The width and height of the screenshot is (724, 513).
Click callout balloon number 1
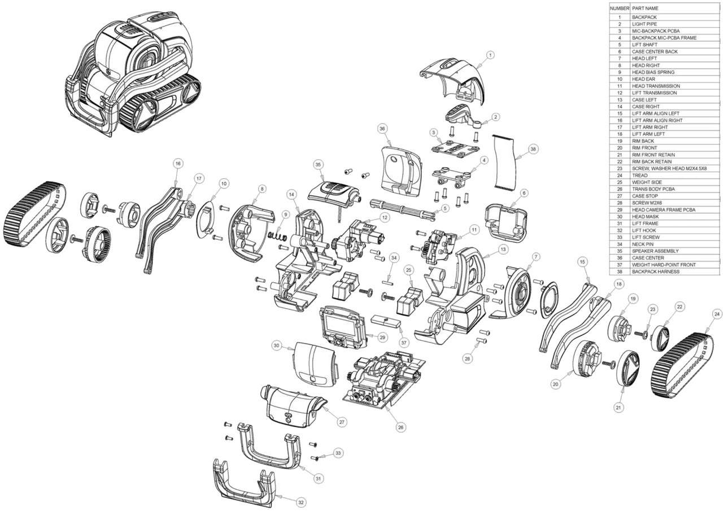pos(490,55)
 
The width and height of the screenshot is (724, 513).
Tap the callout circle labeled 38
pos(533,150)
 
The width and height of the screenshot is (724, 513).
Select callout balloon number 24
pos(717,313)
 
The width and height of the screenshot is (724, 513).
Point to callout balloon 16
pos(178,164)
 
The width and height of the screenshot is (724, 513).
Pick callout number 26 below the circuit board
pos(400,427)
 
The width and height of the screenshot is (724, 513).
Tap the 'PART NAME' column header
pos(645,8)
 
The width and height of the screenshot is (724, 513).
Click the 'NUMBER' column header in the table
pos(619,8)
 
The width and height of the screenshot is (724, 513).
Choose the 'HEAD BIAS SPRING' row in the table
pos(653,72)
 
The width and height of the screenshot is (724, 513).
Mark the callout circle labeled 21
pos(618,407)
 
